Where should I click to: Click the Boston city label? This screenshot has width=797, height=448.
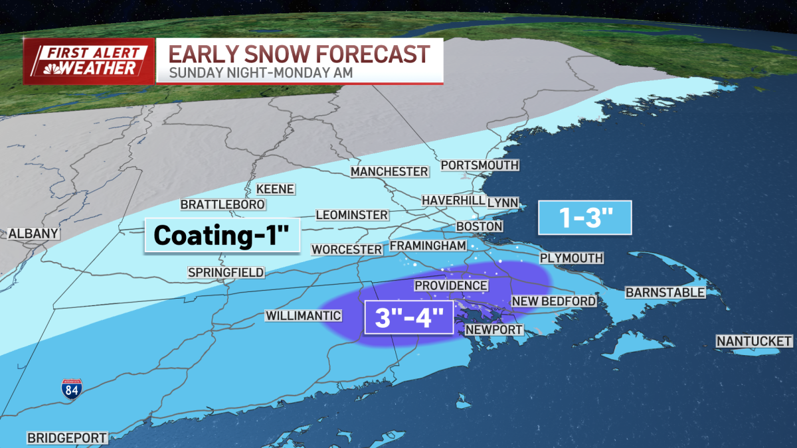click(x=479, y=226)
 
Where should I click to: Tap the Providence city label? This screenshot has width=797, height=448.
click(x=451, y=285)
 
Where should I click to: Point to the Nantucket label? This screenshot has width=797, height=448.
click(x=754, y=341)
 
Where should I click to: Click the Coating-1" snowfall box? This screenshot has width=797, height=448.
click(x=222, y=236)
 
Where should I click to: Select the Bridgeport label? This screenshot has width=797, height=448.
click(x=67, y=438)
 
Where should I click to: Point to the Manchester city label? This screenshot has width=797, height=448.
click(x=389, y=172)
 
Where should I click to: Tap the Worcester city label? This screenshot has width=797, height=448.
click(x=347, y=250)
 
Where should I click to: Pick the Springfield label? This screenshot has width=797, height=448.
click(x=226, y=272)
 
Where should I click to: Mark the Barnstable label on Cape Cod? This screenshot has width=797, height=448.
click(x=665, y=292)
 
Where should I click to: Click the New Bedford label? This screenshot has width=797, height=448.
click(x=553, y=301)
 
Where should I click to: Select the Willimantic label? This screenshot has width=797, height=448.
click(x=303, y=316)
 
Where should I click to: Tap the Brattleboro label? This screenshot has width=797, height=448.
click(x=223, y=204)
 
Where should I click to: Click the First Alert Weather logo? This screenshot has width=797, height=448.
click(x=89, y=61)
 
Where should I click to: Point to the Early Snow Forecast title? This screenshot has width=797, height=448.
click(x=298, y=53)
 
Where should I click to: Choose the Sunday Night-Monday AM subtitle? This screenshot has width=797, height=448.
click(x=260, y=72)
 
